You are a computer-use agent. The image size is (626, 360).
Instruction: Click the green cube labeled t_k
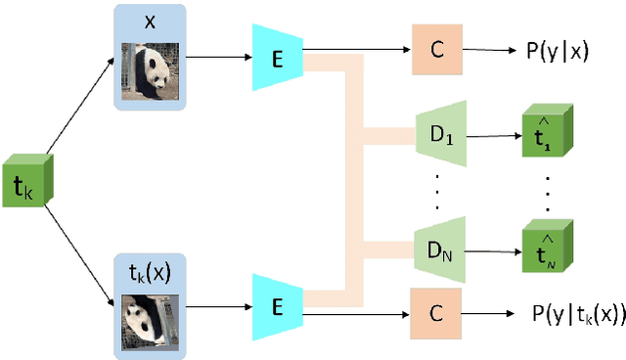[x=30, y=181]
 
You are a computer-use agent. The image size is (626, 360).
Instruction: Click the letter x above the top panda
[x=150, y=21]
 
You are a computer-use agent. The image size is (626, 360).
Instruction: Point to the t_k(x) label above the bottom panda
[x=150, y=273]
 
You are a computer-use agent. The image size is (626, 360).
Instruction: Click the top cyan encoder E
[x=277, y=55]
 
